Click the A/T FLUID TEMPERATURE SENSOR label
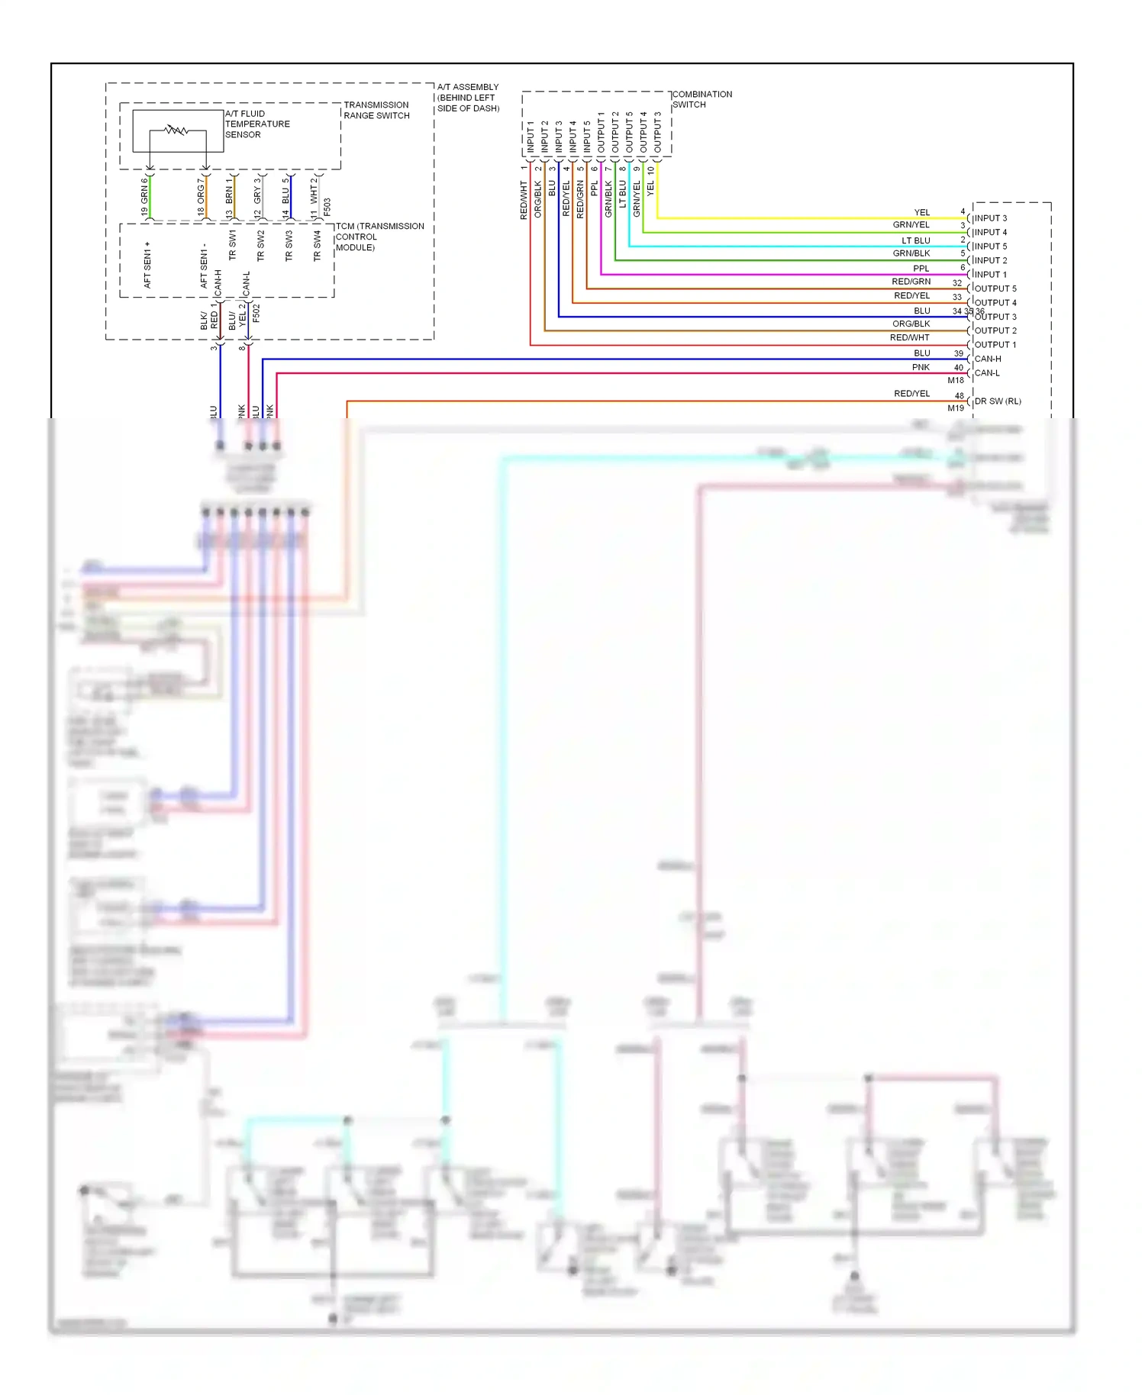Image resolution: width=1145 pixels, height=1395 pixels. pos(256,124)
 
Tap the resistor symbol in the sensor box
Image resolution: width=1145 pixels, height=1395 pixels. pos(176,130)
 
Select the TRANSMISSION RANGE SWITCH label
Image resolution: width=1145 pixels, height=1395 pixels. pos(376,110)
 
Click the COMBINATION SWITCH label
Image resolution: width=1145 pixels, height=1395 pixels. pos(702,99)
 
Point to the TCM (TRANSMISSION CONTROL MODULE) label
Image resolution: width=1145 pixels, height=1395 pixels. pos(379,237)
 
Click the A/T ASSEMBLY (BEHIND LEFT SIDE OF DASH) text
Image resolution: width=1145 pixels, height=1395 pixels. pos(468,98)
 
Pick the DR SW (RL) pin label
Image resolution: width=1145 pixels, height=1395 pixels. pos(997,401)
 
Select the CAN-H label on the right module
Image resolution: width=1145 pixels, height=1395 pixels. pos(988,359)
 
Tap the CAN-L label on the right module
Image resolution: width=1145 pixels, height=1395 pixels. pos(987,373)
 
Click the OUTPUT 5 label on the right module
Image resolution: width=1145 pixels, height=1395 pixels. pos(995,288)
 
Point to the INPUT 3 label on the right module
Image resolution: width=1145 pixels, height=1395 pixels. pos(990,218)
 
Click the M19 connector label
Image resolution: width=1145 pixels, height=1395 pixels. pos(956,408)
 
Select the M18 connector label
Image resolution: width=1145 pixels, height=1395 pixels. pos(956,380)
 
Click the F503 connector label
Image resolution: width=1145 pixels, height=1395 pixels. pos(327,207)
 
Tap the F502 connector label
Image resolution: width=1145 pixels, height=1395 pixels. pos(256,313)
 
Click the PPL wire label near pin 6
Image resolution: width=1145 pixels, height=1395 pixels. pos(921,269)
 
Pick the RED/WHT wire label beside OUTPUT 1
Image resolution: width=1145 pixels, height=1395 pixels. pos(909,338)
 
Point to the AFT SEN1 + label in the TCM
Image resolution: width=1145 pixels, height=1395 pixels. pos(147,265)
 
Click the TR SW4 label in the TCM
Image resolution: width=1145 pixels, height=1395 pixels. pos(317,246)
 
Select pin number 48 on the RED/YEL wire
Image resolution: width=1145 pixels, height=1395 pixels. pos(960,395)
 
